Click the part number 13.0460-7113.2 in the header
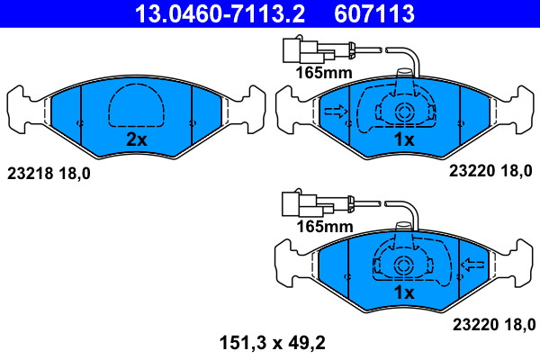click(220, 13)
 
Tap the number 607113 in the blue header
click(374, 13)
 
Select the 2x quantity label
click(137, 139)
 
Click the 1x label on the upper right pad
click(404, 139)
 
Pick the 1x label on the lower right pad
click(404, 292)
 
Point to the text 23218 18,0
click(49, 174)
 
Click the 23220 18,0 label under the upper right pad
click(490, 171)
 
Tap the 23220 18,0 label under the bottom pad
click(494, 325)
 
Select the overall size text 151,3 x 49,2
click(273, 343)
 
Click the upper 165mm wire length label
click(324, 73)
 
